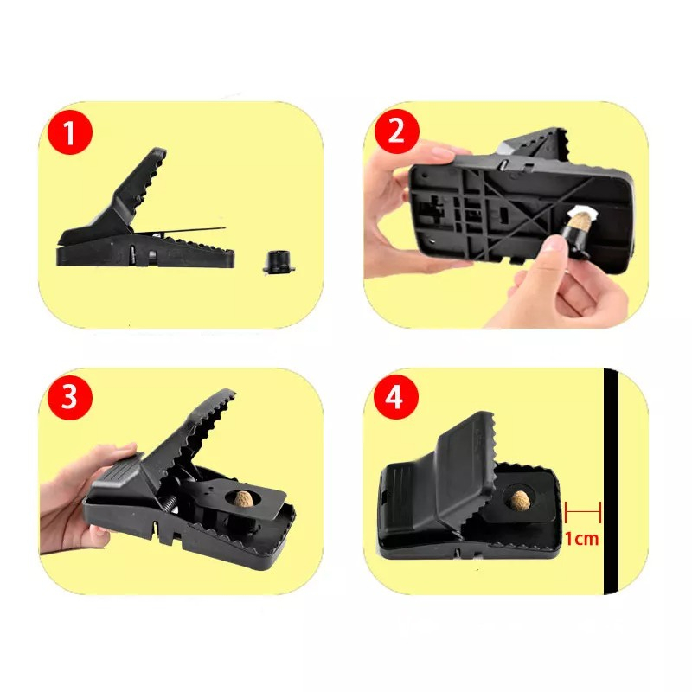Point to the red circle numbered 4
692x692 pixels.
tap(397, 397)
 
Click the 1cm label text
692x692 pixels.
tap(581, 539)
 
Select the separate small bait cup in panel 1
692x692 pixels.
tap(278, 262)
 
